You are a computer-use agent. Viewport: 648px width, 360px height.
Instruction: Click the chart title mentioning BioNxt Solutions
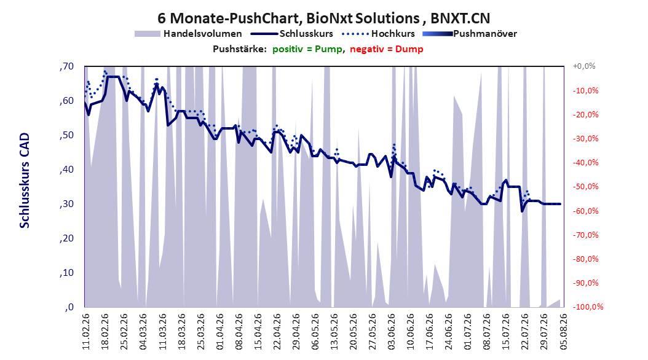(323, 18)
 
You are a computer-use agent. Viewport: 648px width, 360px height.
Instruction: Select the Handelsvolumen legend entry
(188, 34)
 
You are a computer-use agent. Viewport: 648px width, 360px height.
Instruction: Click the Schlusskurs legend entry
(292, 34)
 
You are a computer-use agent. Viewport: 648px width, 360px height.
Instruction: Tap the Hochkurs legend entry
(379, 34)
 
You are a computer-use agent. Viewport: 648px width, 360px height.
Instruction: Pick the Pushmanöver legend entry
(470, 34)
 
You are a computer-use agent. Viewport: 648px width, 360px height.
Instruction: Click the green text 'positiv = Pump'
(307, 49)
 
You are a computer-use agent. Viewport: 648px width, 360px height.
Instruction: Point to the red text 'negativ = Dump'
(387, 49)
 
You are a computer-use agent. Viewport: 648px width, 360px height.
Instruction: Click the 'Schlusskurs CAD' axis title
(25, 181)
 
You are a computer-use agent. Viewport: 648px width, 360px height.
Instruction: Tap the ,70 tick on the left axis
(66, 66)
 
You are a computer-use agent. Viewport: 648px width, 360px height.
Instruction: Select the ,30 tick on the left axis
(66, 204)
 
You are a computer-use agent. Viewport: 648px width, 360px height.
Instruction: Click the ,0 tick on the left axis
(69, 307)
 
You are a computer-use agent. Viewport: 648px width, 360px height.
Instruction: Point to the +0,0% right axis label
(584, 66)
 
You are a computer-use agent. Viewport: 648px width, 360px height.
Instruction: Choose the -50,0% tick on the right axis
(585, 187)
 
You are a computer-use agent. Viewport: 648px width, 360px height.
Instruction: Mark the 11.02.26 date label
(86, 332)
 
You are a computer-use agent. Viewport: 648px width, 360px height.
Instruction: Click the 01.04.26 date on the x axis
(220, 332)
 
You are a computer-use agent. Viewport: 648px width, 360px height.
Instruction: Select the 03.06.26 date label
(392, 332)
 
